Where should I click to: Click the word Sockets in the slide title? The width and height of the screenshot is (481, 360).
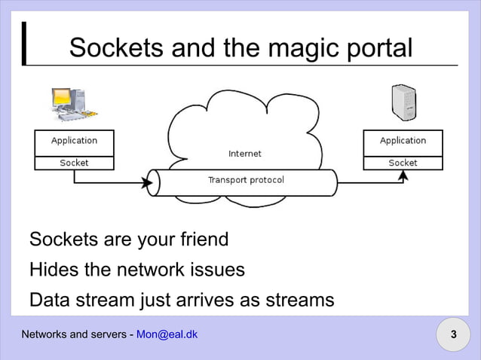pos(115,48)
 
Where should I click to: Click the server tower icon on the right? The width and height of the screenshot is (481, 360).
pos(403,103)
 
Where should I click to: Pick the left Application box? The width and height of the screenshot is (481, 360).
pos(74,141)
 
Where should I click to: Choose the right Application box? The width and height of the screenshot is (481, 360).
pos(403,141)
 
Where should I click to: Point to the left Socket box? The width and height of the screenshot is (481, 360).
pos(74,163)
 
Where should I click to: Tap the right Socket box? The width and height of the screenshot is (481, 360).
pos(403,163)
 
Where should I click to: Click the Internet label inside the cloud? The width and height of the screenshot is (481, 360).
pos(245,154)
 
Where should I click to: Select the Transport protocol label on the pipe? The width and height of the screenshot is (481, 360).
pos(246,180)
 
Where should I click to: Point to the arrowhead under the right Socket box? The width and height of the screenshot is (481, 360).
pos(403,175)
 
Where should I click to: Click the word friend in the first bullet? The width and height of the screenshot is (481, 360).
pos(198,240)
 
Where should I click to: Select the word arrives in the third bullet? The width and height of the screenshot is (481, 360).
pos(203,300)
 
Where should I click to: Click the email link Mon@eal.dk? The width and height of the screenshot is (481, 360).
pos(167,334)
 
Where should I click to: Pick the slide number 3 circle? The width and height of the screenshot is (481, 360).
pos(453,334)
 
